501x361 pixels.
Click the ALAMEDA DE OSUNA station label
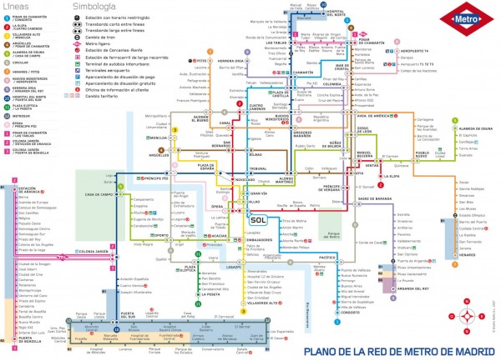[476, 129]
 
